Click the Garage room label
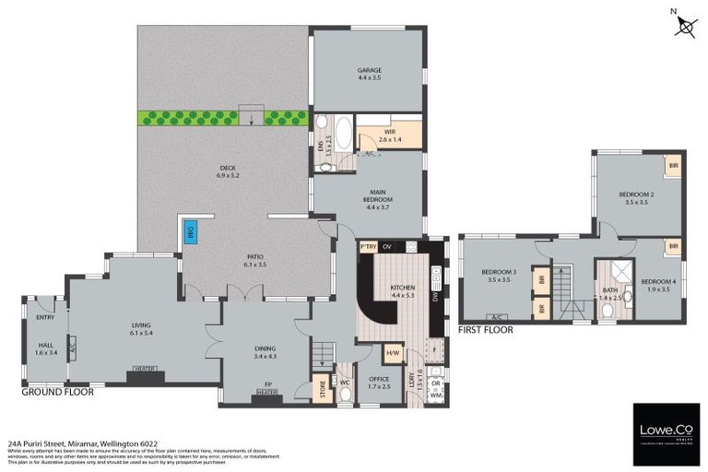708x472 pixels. click(x=370, y=74)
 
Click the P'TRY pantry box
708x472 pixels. click(x=369, y=246)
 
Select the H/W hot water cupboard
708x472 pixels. click(x=392, y=353)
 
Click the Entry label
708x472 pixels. click(x=45, y=317)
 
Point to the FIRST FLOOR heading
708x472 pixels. click(x=485, y=328)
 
